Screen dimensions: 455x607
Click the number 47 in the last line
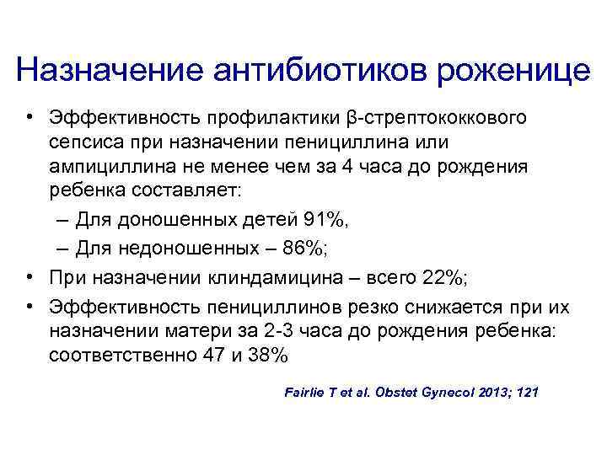[x=212, y=355]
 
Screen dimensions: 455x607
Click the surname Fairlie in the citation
[x=301, y=393]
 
